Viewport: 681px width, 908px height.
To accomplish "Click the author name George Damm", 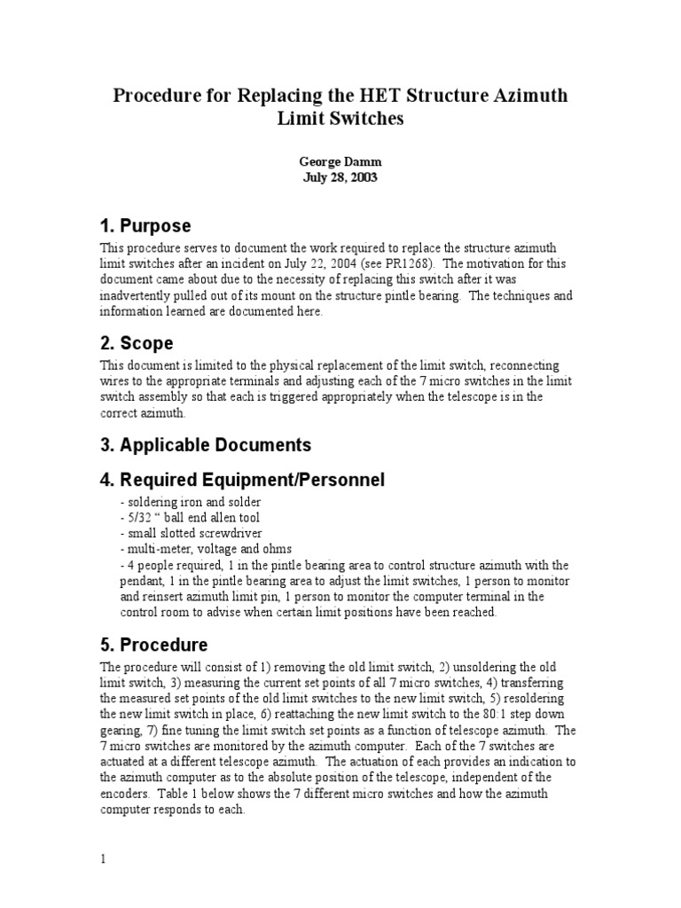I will pyautogui.click(x=340, y=162).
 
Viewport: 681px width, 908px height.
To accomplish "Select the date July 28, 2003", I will pyautogui.click(x=340, y=177).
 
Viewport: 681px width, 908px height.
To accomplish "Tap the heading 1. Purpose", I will pyautogui.click(x=145, y=226).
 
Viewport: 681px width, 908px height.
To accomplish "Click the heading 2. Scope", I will pyautogui.click(x=137, y=342).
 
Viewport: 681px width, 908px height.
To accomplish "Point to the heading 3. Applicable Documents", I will pyautogui.click(x=206, y=444).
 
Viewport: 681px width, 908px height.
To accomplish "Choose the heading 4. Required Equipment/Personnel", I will pyautogui.click(x=242, y=480).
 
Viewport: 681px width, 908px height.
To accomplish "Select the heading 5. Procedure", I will pyautogui.click(x=154, y=645).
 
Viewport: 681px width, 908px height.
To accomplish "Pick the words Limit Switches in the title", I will pyautogui.click(x=340, y=119).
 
